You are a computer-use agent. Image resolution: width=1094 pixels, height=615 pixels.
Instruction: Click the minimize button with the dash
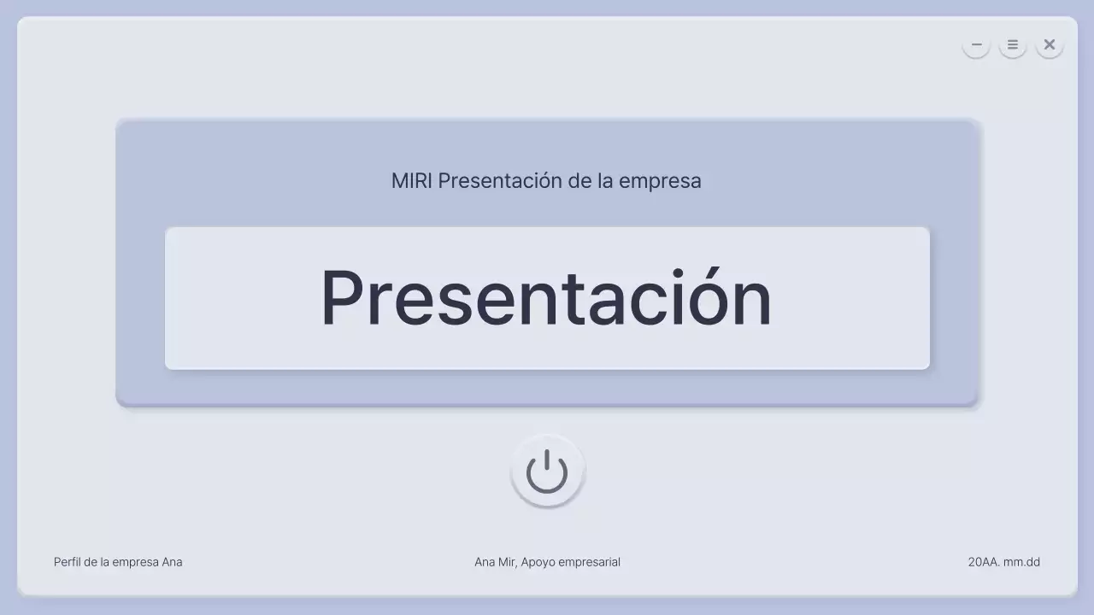[x=976, y=44]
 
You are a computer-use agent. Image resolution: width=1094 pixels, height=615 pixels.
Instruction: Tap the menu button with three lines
[x=1013, y=44]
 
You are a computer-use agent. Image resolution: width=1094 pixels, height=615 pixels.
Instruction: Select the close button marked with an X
[x=1050, y=44]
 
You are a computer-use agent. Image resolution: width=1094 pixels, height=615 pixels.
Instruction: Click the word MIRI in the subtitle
[x=412, y=181]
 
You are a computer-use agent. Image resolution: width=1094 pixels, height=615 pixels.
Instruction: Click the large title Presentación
[x=546, y=298]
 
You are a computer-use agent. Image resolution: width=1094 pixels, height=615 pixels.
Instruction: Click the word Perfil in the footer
[x=68, y=562]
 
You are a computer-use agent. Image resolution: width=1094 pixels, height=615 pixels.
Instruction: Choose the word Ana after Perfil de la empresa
[x=172, y=562]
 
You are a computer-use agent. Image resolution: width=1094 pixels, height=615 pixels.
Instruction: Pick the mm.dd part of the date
[x=1022, y=562]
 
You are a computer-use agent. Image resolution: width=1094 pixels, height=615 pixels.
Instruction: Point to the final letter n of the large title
[x=750, y=303]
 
